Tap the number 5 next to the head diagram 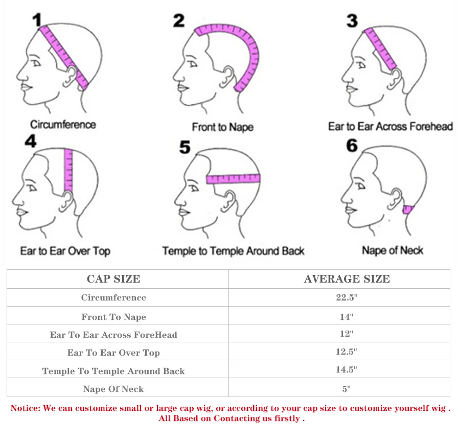[x=185, y=148]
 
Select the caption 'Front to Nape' [x=222, y=126]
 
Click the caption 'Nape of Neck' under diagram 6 [x=393, y=250]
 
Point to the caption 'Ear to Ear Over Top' [x=65, y=251]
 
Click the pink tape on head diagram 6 [x=408, y=209]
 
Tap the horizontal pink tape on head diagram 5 [x=234, y=179]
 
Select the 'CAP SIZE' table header [x=113, y=279]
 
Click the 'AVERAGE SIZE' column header [x=347, y=279]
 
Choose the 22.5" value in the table [x=347, y=298]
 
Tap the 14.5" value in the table [x=347, y=369]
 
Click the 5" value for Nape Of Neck [x=347, y=389]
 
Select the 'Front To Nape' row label [x=113, y=317]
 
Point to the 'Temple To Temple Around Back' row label [x=113, y=371]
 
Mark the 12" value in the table [x=347, y=334]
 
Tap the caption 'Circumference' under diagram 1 [x=63, y=124]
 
